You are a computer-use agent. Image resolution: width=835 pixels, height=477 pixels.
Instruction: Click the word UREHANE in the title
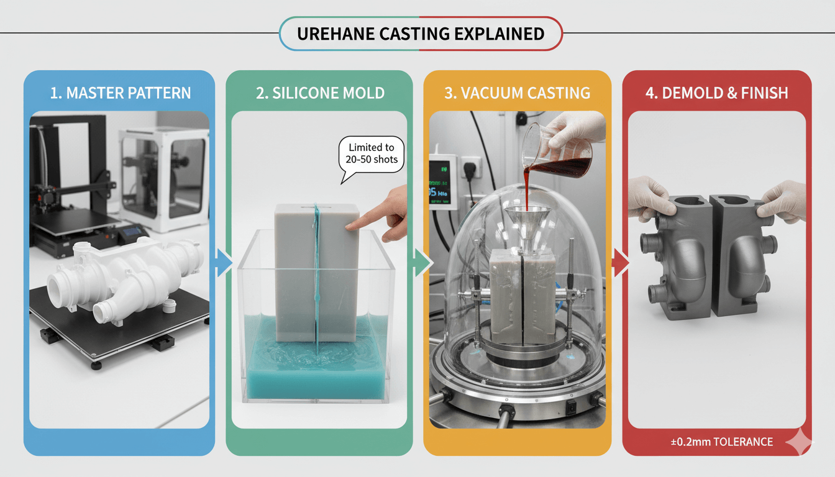[335, 34]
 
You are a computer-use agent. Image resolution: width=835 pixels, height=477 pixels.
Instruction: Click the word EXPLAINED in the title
[499, 34]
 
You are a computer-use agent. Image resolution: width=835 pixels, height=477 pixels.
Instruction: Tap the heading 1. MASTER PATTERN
[121, 93]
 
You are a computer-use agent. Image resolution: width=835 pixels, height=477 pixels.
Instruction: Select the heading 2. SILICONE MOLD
[320, 93]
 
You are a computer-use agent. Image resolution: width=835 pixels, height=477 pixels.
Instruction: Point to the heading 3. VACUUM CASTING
[518, 93]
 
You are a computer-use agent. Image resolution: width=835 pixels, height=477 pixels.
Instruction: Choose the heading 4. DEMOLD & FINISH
[717, 93]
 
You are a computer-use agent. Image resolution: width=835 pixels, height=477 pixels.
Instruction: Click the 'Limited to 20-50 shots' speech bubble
[372, 155]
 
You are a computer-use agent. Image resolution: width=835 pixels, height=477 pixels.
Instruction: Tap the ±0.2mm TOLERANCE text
[722, 442]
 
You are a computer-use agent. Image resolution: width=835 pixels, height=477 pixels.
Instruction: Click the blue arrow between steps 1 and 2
[224, 263]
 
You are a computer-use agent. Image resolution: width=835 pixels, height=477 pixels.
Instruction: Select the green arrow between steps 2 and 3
[423, 263]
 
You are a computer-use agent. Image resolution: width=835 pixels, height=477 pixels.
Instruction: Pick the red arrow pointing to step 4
[621, 263]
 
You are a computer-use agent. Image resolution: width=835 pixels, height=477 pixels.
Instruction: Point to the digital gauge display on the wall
[442, 182]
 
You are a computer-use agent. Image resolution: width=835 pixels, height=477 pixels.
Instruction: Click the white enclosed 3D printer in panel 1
[164, 179]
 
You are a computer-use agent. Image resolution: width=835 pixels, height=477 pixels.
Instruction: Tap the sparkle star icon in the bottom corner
[800, 442]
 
